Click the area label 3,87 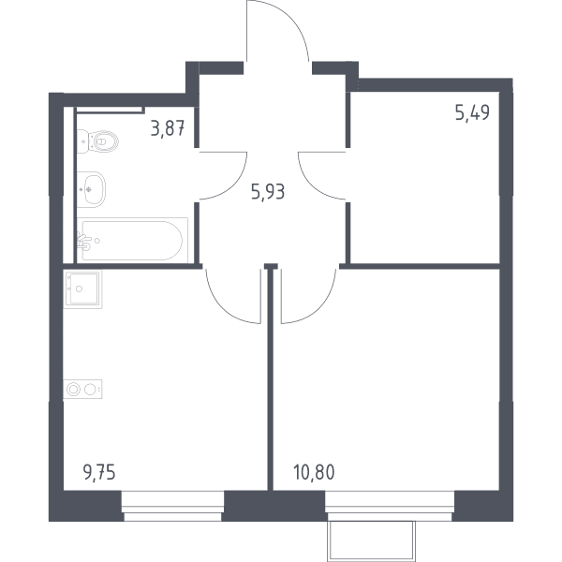[x=168, y=128]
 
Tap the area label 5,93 [x=268, y=192]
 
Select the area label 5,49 [x=472, y=112]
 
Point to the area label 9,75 [x=99, y=473]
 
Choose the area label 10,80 [x=314, y=472]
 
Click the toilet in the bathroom [x=97, y=141]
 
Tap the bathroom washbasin [x=91, y=189]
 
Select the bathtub [x=132, y=240]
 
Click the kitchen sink [x=82, y=288]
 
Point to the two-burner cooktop [x=82, y=390]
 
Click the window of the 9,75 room [x=172, y=506]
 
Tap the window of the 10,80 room [x=390, y=506]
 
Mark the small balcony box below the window [x=371, y=541]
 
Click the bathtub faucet [x=84, y=242]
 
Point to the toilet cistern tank [x=82, y=141]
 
